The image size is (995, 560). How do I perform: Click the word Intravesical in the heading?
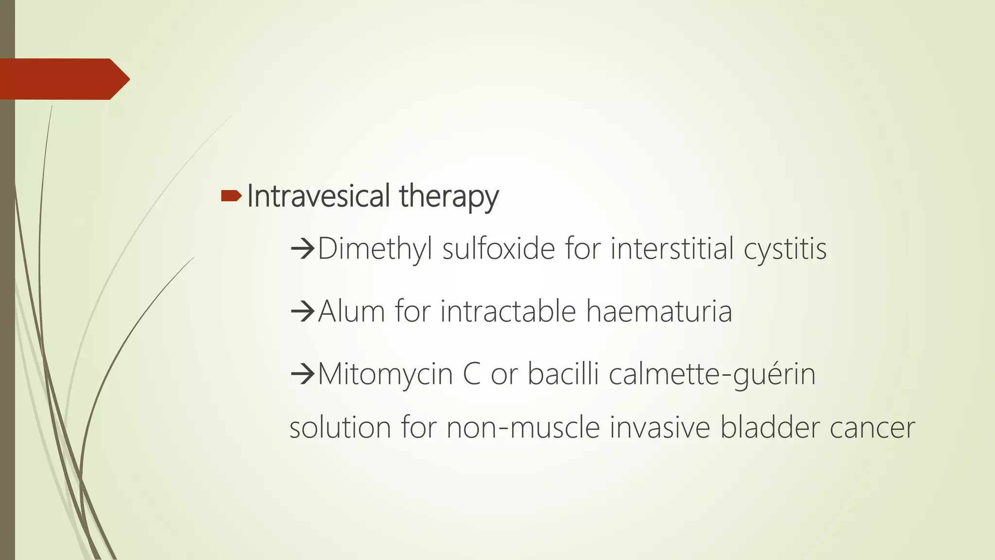[318, 196]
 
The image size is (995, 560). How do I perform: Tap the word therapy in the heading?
[449, 197]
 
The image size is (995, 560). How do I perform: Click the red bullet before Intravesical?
[231, 196]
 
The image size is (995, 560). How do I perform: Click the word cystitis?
[785, 249]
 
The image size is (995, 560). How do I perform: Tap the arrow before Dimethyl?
[303, 249]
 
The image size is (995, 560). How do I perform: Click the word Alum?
[351, 311]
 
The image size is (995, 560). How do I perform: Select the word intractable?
[508, 311]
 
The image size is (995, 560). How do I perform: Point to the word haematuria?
[659, 311]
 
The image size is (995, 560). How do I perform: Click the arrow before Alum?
[303, 312]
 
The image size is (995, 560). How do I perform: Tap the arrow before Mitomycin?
[303, 374]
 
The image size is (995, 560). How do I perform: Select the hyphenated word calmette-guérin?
[712, 375]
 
